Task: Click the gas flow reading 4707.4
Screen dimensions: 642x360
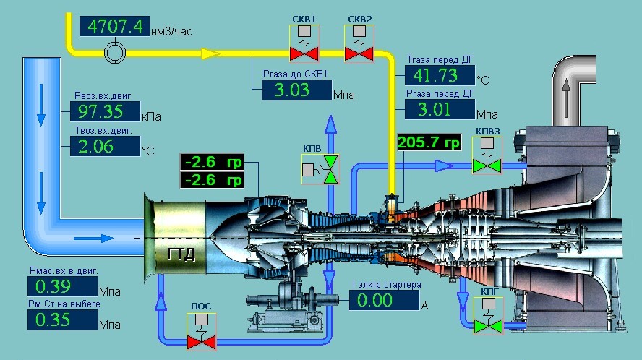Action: pos(114,26)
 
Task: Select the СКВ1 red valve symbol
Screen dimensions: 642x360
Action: pos(304,43)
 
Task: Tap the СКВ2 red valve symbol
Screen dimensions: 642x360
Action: pos(359,43)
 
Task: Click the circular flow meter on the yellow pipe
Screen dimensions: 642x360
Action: pos(115,53)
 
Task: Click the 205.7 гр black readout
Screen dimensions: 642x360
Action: pos(429,142)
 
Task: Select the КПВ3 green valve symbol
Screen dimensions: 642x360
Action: pos(487,155)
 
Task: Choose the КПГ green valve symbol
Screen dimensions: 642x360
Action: pos(489,316)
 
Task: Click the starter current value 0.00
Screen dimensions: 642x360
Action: pos(384,300)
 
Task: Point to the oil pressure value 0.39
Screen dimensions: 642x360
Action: pos(63,286)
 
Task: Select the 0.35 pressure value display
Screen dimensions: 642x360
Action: pos(63,320)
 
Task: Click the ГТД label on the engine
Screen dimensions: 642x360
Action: pos(181,254)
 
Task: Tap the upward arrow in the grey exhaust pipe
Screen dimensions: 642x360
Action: pos(566,98)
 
